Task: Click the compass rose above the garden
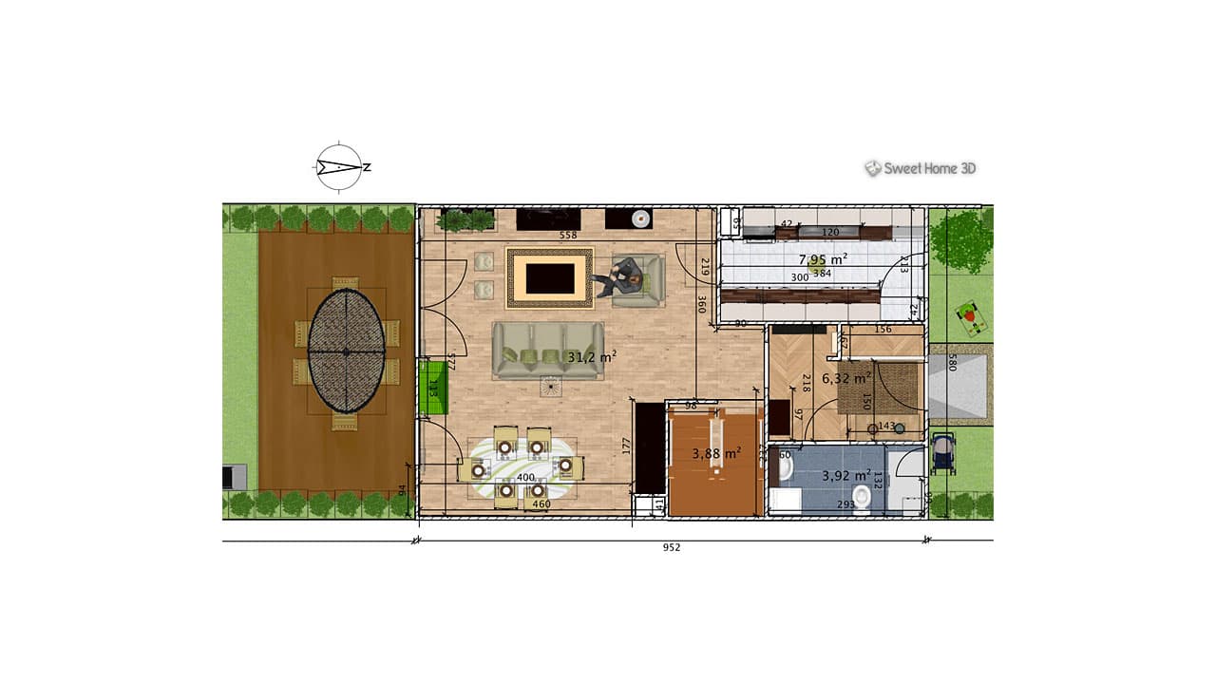coord(339,167)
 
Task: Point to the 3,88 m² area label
coord(716,454)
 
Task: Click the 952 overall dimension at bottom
coord(672,547)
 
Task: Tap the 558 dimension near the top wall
coord(568,235)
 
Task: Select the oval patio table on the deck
coord(347,351)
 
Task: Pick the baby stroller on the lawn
coord(943,453)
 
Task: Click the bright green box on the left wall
coord(433,387)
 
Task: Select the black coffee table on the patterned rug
coord(550,278)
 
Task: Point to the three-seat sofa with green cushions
coord(548,351)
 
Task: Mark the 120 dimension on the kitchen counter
coord(830,232)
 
